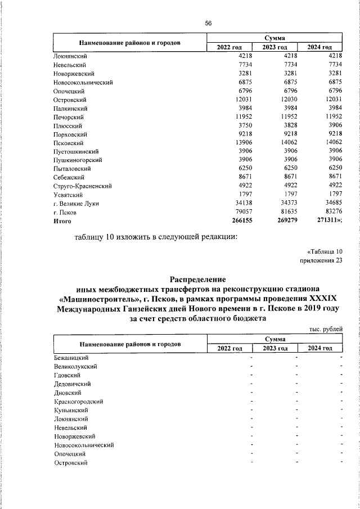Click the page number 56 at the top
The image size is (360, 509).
pyautogui.click(x=208, y=23)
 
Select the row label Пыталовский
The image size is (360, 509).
pyautogui.click(x=76, y=169)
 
